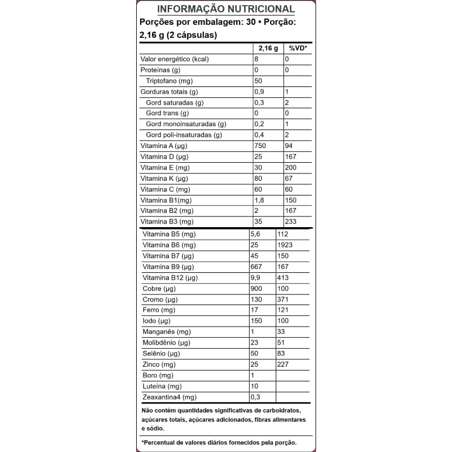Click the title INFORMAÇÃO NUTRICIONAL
(x=225, y=9)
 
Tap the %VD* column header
(x=297, y=49)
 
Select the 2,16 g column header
(x=268, y=49)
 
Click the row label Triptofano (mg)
(x=168, y=81)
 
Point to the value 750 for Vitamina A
(x=260, y=146)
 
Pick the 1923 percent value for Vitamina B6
(x=285, y=245)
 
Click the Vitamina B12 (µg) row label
(x=170, y=278)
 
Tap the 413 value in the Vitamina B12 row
(x=283, y=278)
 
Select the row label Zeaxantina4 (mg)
(x=169, y=397)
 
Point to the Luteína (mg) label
(x=162, y=386)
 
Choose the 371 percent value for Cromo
(x=283, y=299)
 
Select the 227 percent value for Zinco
(x=283, y=364)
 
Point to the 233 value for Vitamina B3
(x=291, y=221)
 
